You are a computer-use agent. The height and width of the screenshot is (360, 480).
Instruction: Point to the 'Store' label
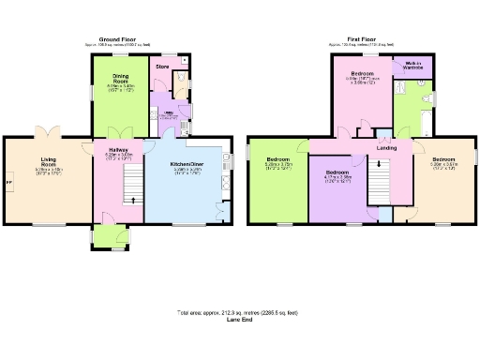click(161, 67)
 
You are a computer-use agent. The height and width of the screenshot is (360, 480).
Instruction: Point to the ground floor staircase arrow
click(132, 199)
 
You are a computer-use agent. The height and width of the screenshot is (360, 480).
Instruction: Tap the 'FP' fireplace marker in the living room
click(10, 182)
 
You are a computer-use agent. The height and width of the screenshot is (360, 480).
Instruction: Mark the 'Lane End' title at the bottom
click(239, 320)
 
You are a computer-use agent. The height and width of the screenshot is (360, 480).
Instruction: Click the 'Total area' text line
click(239, 312)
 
